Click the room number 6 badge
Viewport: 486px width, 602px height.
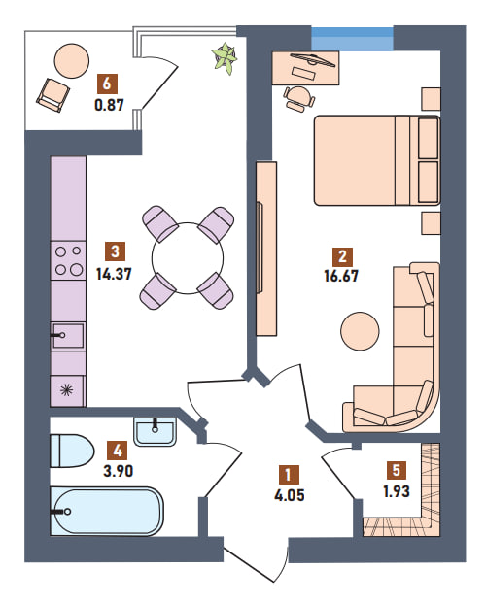point(107,83)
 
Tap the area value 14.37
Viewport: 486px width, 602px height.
point(114,274)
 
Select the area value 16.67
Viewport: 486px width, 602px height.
point(341,276)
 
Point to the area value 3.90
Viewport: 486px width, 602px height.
point(119,471)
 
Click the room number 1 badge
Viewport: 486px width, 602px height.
point(288,475)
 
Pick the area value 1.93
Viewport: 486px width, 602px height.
point(397,491)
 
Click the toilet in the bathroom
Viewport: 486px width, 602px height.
point(72,451)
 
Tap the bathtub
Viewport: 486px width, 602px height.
point(107,511)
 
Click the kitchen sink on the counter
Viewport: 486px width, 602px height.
point(68,336)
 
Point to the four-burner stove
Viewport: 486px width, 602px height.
point(68,260)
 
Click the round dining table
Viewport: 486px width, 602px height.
point(188,258)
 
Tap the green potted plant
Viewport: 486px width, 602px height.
point(225,57)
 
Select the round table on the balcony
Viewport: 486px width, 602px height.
point(72,60)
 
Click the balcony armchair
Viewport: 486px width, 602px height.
point(53,95)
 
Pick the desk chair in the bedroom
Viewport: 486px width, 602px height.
point(299,98)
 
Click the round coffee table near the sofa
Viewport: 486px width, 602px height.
point(360,330)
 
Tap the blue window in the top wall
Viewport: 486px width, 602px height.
point(352,39)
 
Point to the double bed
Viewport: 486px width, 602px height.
point(377,160)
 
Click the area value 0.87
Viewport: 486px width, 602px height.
point(110,105)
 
